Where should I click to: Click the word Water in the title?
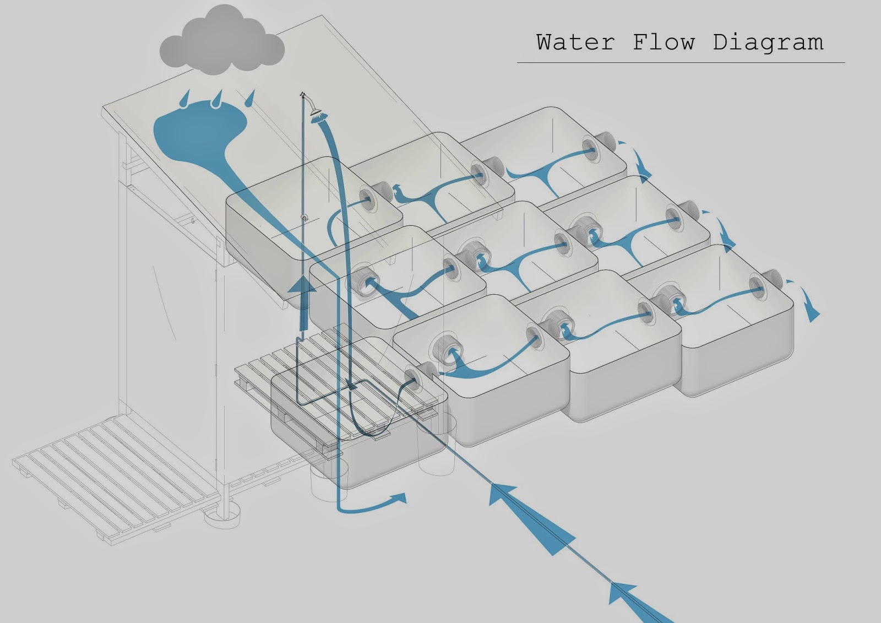pyautogui.click(x=575, y=42)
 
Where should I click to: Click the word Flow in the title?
pyautogui.click(x=664, y=42)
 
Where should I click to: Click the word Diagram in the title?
pyautogui.click(x=768, y=42)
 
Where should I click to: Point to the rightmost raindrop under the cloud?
pyautogui.click(x=251, y=98)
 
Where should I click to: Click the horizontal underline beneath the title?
pyautogui.click(x=681, y=63)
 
